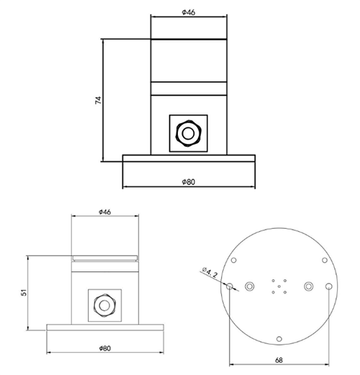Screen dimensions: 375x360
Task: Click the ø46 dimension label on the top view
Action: coord(189,12)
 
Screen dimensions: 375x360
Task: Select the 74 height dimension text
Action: coord(99,99)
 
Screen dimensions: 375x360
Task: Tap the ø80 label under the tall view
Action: coord(189,182)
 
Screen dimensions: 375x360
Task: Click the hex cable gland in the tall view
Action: coord(189,132)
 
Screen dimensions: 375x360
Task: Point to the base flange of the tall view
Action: coord(189,159)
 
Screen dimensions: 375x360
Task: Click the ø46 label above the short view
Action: coord(104,212)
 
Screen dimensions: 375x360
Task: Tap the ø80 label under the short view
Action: coord(104,348)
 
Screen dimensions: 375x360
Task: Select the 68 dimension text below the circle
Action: coord(279,361)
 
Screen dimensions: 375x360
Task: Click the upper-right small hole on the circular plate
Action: coord(325,260)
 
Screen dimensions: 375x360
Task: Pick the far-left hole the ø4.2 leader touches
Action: coord(230,286)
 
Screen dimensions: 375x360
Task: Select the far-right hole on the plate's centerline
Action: coord(329,286)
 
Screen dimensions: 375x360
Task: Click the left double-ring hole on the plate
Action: coord(249,286)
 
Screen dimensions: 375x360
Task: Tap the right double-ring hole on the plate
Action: coord(310,286)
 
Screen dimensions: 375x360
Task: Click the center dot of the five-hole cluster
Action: coord(279,286)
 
